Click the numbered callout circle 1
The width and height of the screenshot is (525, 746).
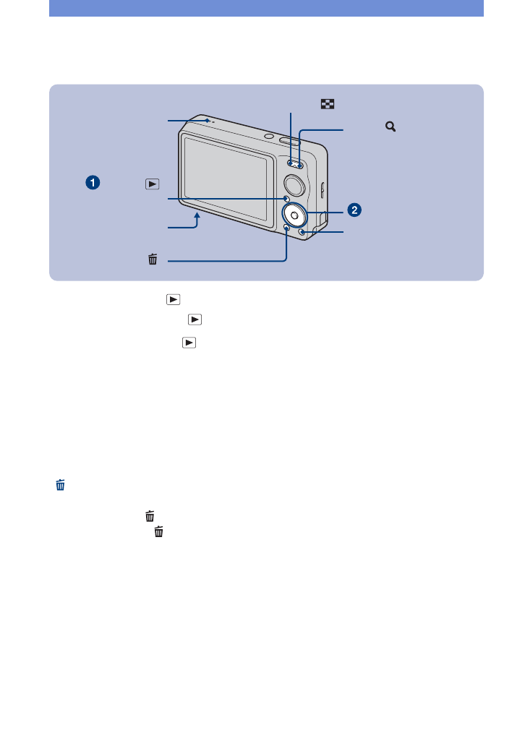(92, 183)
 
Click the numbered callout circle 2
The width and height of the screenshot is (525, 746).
(354, 210)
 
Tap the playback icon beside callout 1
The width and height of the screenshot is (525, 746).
(151, 184)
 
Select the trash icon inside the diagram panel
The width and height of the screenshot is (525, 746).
(153, 259)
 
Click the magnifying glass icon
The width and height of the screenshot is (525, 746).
(390, 127)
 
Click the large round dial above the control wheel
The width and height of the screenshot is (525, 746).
(295, 181)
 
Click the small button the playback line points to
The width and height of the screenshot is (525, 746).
(286, 200)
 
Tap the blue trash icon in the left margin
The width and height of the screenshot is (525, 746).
(60, 486)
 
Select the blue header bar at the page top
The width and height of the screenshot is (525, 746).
(266, 8)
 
